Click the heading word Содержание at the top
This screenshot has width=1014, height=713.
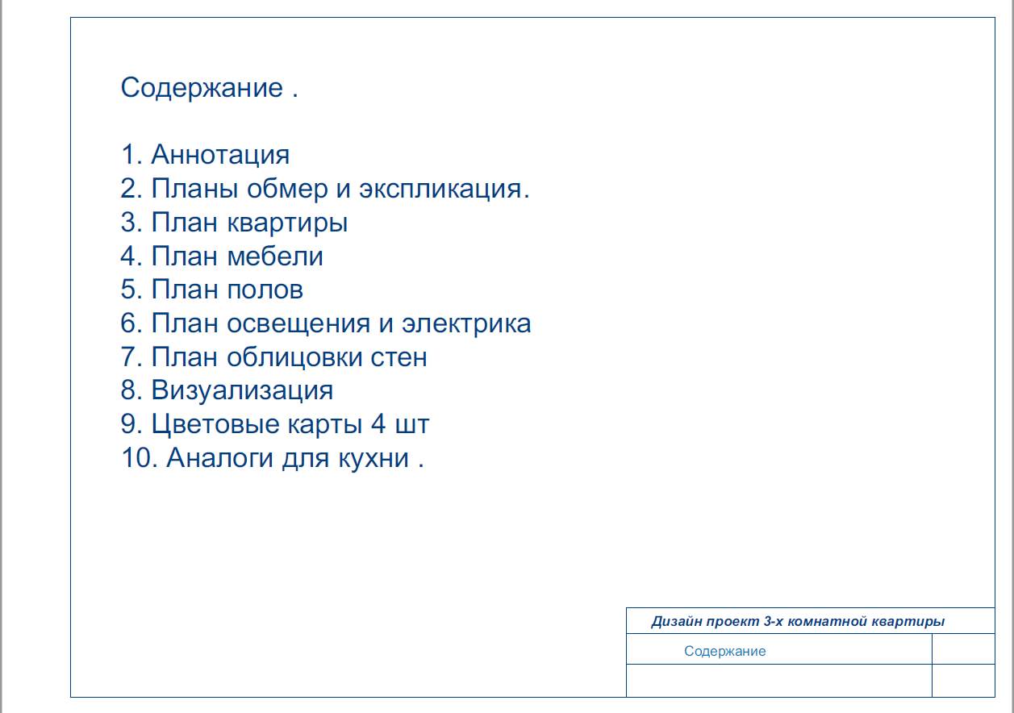point(202,87)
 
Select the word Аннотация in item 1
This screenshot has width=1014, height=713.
point(220,154)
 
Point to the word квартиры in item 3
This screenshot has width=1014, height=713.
point(287,223)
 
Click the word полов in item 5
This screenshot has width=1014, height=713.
point(265,290)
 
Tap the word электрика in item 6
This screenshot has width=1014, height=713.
point(466,323)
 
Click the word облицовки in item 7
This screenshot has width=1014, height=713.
point(294,357)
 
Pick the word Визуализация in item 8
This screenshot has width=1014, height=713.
point(242,390)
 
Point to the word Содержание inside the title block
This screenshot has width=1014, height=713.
point(724,652)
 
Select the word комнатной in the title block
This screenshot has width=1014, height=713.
point(827,622)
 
